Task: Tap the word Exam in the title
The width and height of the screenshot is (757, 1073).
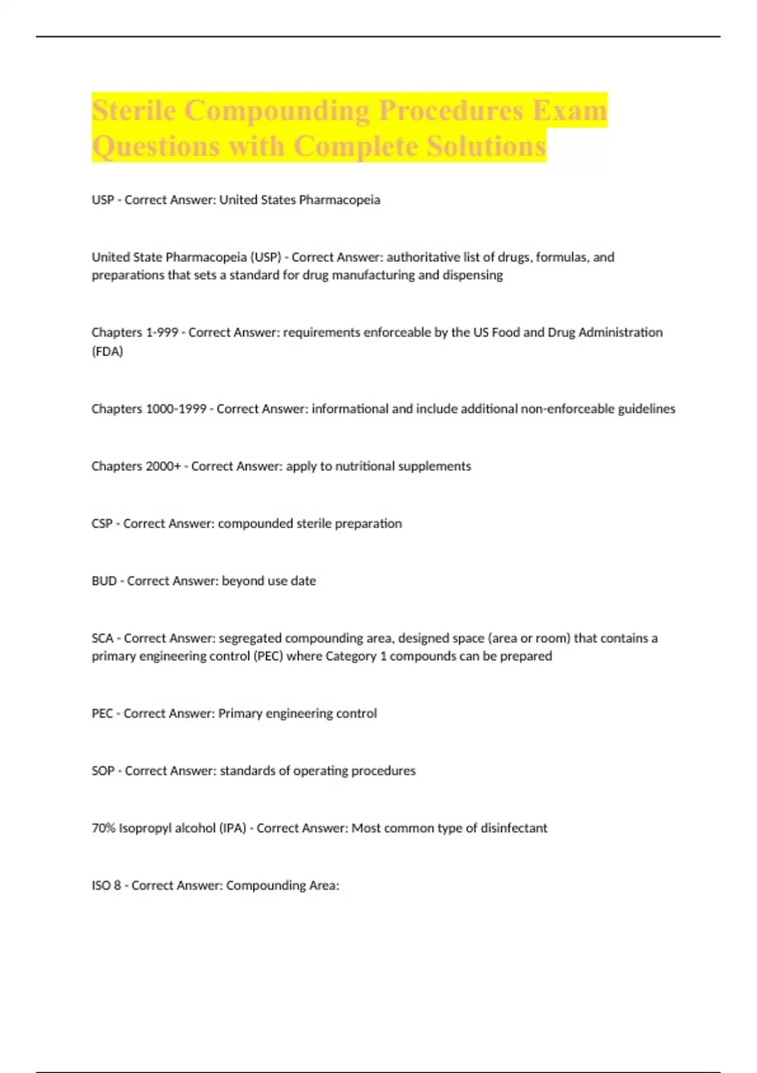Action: click(x=569, y=110)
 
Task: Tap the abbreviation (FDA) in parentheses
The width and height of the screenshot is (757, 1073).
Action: click(x=107, y=352)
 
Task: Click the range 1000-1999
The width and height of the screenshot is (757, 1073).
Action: click(x=176, y=409)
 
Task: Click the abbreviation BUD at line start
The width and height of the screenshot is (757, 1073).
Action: click(x=103, y=581)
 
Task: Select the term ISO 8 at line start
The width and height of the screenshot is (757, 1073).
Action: click(x=106, y=886)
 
